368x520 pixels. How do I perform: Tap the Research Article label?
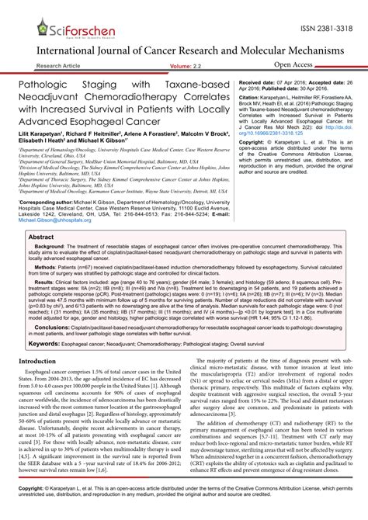[63, 67]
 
